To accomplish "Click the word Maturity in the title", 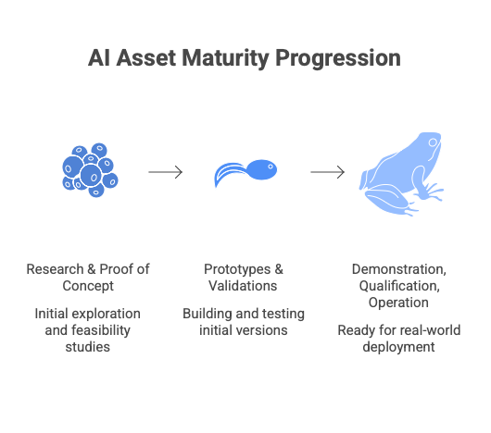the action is (225, 58).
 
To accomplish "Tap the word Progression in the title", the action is (338, 58).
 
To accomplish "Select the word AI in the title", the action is (99, 58).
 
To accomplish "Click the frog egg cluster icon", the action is (90, 170).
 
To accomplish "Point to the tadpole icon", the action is (245, 173).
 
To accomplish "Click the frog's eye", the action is (433, 142).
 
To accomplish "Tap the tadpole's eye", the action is (271, 167).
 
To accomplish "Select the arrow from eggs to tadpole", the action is (165, 172).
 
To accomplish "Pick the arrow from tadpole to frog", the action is (328, 172).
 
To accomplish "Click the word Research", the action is (55, 269).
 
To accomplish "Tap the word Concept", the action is (88, 286).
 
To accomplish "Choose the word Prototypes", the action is (237, 269).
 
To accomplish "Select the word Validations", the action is (243, 286).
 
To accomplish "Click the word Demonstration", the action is (399, 269).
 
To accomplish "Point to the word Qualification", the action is (399, 286).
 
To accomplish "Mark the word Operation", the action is (398, 303).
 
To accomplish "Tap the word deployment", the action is (398, 347).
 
